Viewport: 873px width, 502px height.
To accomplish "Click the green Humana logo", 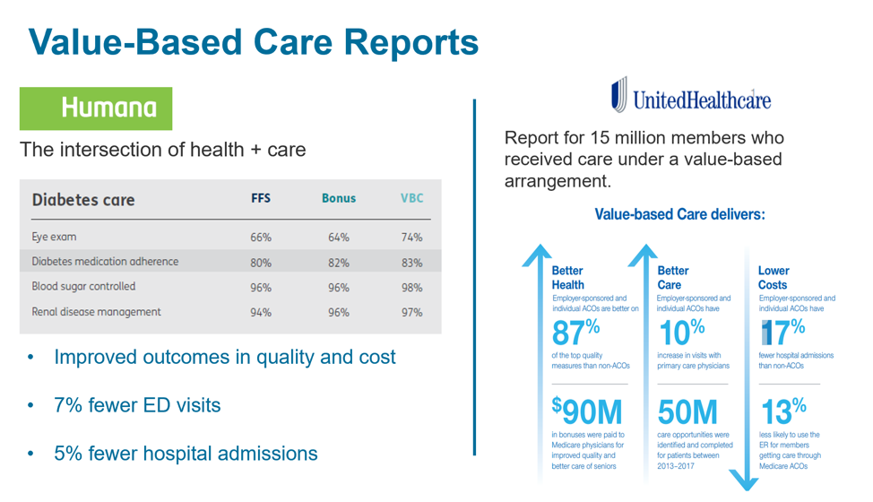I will pyautogui.click(x=96, y=108).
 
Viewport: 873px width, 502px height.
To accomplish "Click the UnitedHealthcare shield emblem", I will pyautogui.click(x=618, y=95).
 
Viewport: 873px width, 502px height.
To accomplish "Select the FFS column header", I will pyautogui.click(x=261, y=199).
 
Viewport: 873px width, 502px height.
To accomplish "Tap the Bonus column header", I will pyautogui.click(x=338, y=199).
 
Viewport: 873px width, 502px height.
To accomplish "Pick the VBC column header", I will pyautogui.click(x=411, y=199).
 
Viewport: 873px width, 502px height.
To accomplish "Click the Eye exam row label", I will pyautogui.click(x=54, y=238).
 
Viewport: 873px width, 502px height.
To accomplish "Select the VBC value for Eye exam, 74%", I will pyautogui.click(x=411, y=238).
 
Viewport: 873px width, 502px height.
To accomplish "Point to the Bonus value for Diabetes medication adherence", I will pyautogui.click(x=338, y=263).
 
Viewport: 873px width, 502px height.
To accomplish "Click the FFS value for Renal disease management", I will pyautogui.click(x=261, y=313).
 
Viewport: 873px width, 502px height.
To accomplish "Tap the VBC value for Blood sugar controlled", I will pyautogui.click(x=411, y=288).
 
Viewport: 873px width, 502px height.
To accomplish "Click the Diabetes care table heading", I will pyautogui.click(x=83, y=199).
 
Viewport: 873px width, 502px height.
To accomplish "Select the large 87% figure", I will pyautogui.click(x=575, y=333).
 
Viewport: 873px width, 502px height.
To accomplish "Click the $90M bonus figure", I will pyautogui.click(x=586, y=411).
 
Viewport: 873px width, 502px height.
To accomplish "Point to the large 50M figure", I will pyautogui.click(x=687, y=411).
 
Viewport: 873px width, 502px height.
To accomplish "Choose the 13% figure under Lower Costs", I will pyautogui.click(x=782, y=411).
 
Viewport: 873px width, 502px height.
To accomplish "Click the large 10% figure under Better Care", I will pyautogui.click(x=681, y=333).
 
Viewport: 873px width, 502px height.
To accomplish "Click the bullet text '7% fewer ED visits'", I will pyautogui.click(x=137, y=405).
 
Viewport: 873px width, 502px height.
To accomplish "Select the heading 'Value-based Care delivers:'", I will pyautogui.click(x=679, y=215).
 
